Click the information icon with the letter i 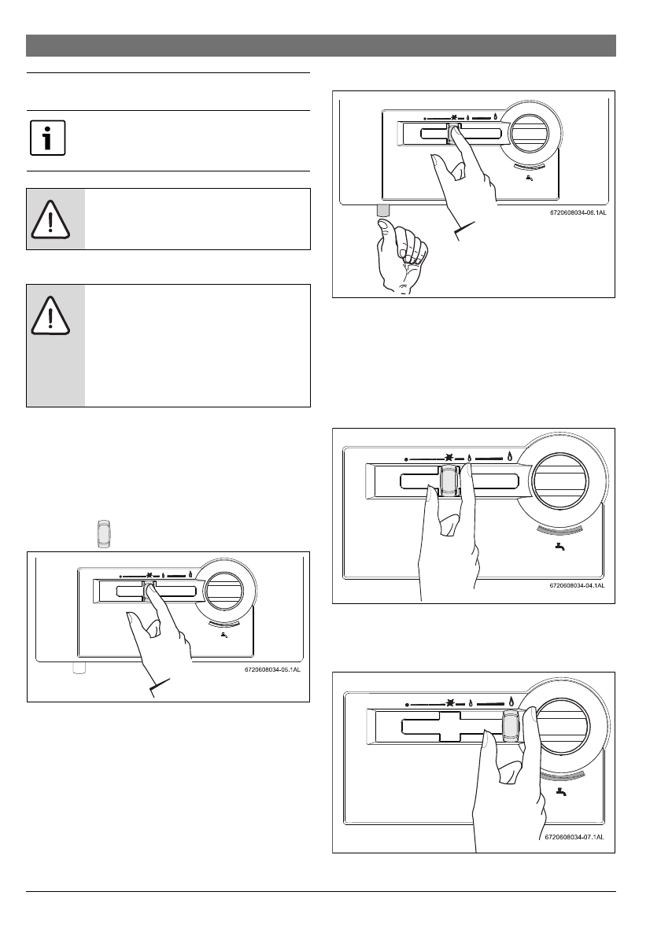point(47,140)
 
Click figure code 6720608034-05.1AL point(267,671)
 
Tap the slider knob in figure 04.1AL point(449,480)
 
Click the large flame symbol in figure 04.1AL point(510,455)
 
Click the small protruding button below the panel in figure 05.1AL point(78,669)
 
